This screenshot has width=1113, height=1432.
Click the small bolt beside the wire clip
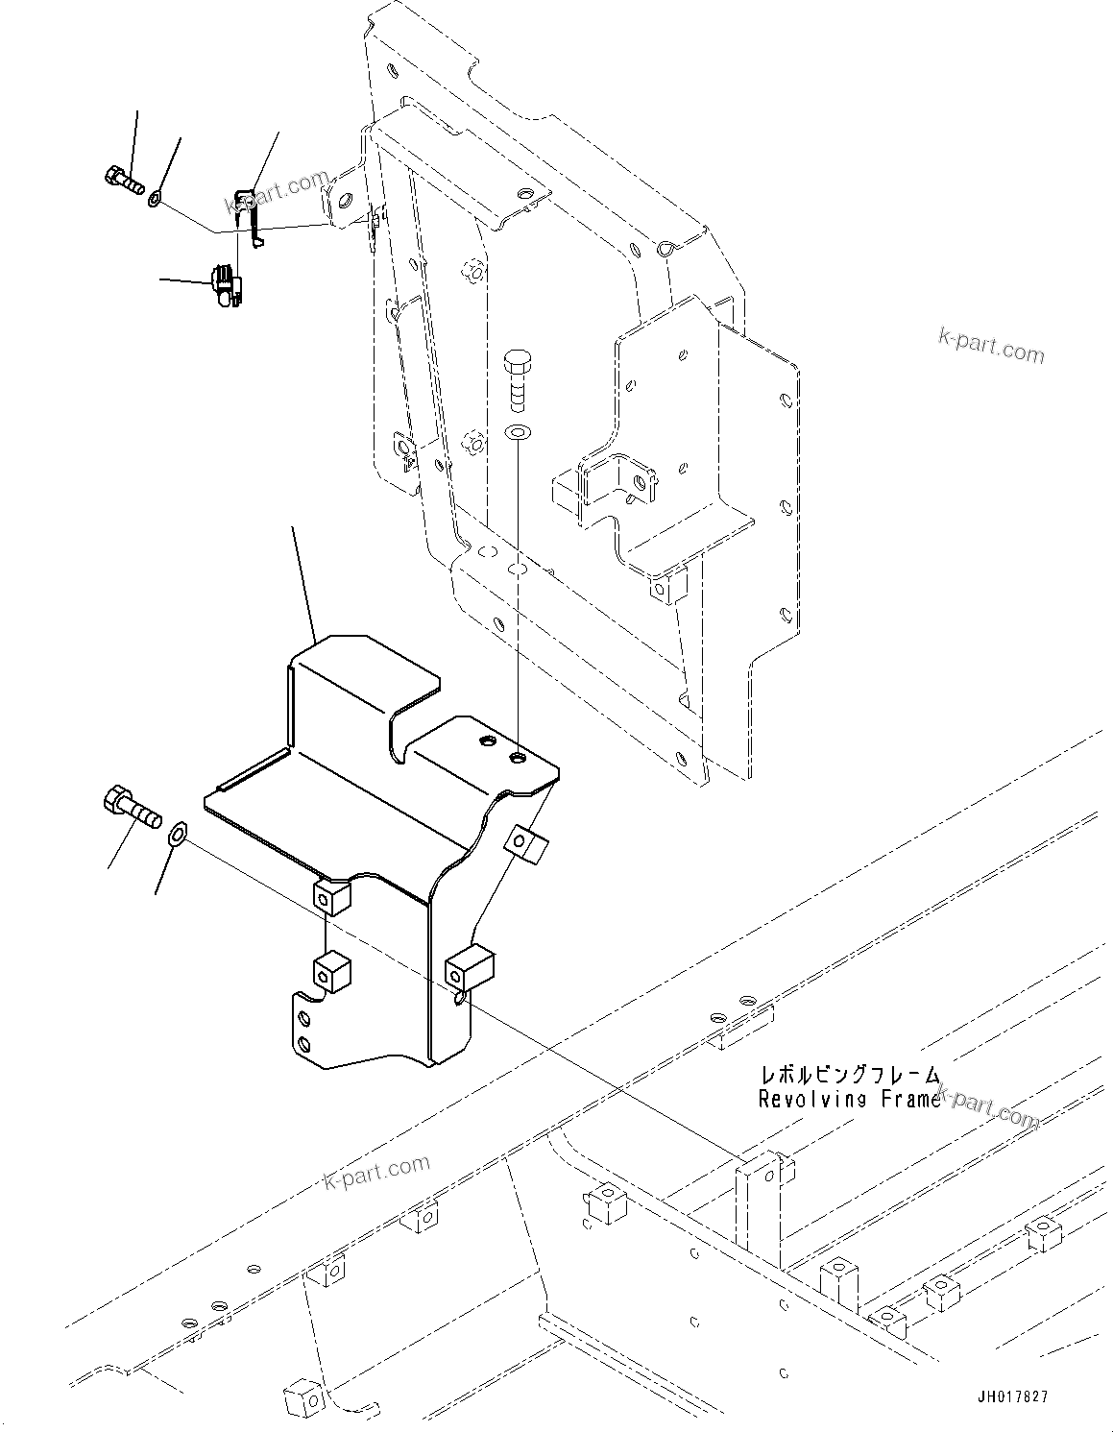121,178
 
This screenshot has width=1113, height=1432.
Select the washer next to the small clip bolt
155,199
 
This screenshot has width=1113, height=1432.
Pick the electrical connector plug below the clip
225,285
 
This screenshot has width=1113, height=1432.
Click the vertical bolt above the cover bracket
516,381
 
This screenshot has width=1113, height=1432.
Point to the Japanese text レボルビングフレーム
851,1076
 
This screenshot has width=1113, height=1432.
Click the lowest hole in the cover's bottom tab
304,1044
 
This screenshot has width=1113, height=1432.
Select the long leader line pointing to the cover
303,582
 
